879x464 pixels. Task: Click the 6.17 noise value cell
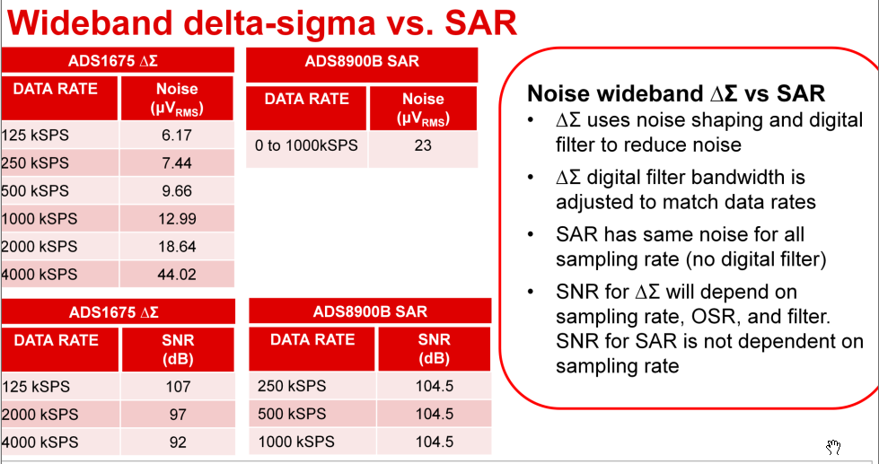click(177, 136)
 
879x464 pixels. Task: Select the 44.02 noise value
click(177, 275)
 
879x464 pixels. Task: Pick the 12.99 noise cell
click(177, 219)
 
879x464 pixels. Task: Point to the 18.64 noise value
click(177, 247)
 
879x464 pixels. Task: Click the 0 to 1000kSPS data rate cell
click(306, 144)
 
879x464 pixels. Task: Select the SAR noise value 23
click(423, 144)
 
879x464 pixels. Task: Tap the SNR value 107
click(178, 387)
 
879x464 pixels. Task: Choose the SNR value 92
click(178, 442)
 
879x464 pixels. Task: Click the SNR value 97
click(178, 415)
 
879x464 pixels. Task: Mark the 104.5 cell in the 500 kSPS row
click(434, 415)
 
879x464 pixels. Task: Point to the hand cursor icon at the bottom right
click(832, 447)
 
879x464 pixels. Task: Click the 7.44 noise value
click(177, 163)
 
